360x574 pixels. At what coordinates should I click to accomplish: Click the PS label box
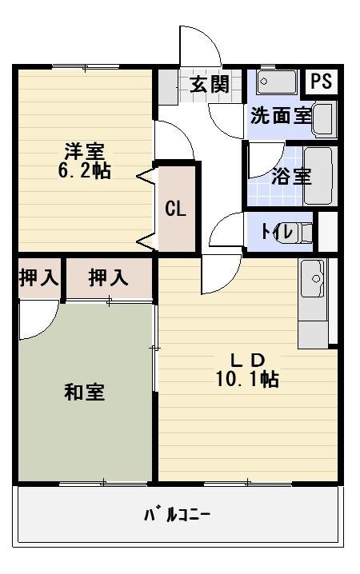pos(321,82)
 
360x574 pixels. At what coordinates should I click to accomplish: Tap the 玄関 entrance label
pos(210,86)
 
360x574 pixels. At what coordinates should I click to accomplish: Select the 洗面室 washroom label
pos(280,115)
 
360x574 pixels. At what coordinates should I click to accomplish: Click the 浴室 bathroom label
pos(291,176)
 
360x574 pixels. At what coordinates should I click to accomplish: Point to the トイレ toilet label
pos(277,232)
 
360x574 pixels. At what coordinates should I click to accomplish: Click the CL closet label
pos(176,209)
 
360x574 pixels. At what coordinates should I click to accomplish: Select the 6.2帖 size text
pos(84,170)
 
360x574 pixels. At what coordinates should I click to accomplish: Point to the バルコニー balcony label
pos(177,514)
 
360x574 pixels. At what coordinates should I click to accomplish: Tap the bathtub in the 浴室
pos(318,176)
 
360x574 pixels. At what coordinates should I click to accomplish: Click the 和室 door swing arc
pos(36,320)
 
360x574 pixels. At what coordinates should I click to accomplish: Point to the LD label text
pos(243,359)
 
